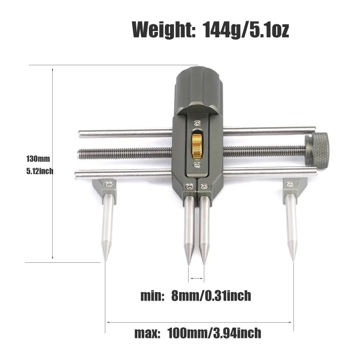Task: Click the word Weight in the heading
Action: pos(164,30)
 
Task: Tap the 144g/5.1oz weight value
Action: pos(246,30)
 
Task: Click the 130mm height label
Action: pos(38,159)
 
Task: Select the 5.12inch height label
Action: pos(40,171)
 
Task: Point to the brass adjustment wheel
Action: pos(197,146)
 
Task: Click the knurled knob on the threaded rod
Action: pos(316,149)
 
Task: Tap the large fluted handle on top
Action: pos(198,90)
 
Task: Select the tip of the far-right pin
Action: pos(293,261)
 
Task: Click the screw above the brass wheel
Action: pos(197,124)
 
